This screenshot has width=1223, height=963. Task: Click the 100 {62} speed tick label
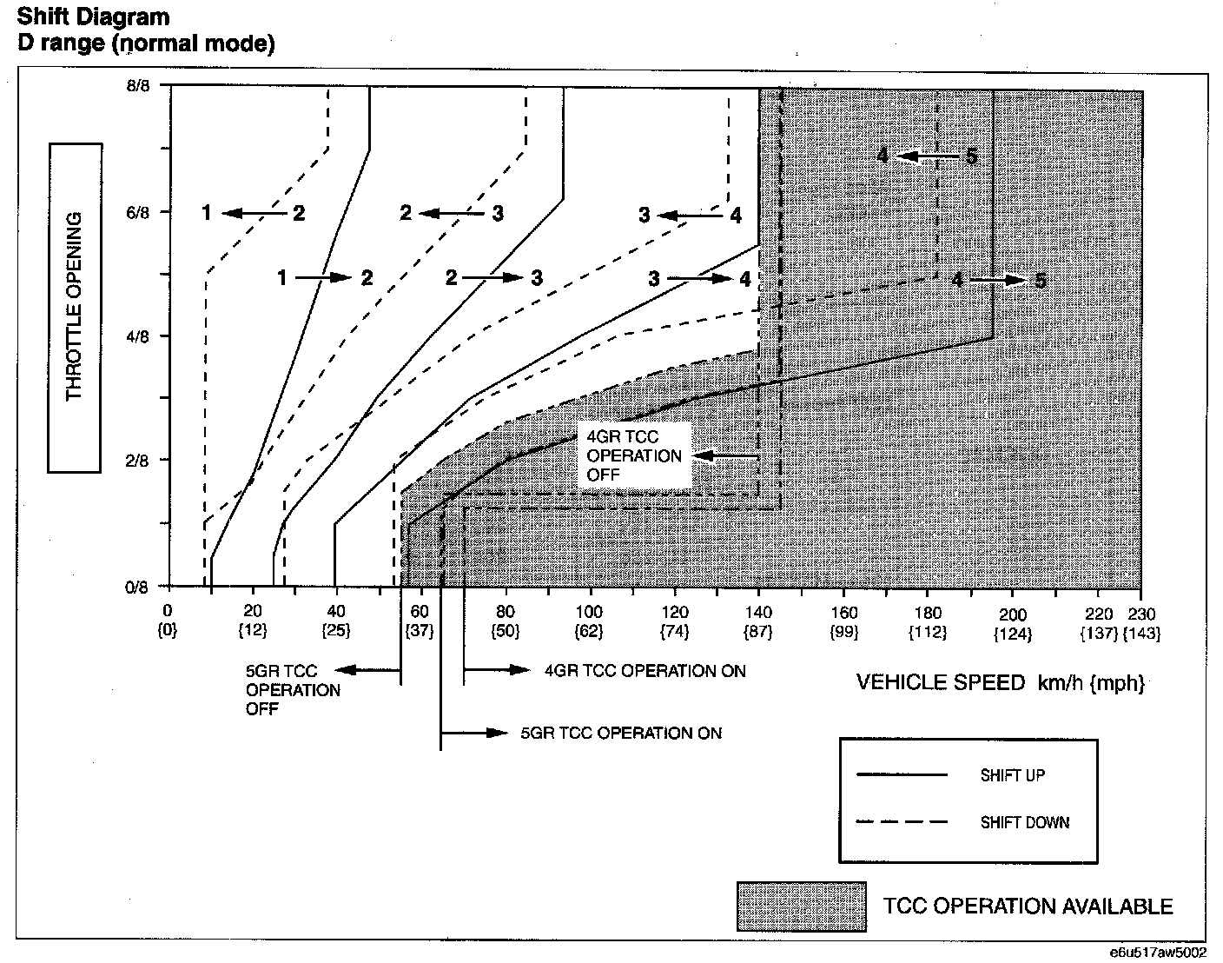589,622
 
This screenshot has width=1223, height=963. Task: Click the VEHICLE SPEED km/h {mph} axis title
1000,683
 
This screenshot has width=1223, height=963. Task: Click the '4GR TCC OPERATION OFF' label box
634,455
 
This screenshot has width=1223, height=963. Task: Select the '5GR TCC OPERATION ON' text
621,733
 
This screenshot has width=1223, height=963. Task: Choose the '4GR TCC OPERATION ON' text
645,670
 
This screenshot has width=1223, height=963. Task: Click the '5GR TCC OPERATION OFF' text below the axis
293,690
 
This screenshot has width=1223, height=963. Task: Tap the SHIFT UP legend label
1012,775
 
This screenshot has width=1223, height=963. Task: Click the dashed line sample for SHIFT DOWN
901,822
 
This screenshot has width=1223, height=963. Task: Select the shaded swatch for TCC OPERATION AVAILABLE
802,907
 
